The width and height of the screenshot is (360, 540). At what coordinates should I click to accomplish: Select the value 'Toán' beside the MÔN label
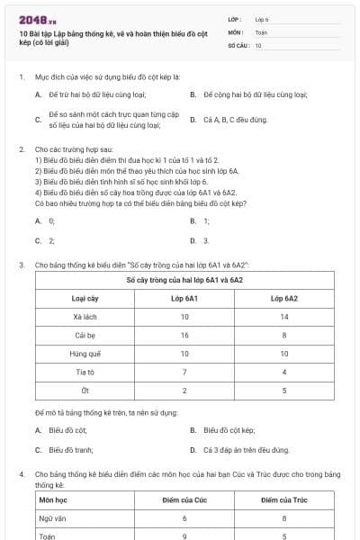tap(261, 31)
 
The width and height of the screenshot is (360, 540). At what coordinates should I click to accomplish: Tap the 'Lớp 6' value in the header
tap(262, 19)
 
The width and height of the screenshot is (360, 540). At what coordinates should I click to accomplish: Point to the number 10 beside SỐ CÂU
tap(258, 45)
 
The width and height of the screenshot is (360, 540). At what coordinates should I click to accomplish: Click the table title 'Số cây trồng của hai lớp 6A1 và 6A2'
tap(184, 280)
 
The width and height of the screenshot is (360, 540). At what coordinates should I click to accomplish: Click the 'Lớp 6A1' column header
tap(184, 298)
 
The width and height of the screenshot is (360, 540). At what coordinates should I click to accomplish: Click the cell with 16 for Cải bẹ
tap(184, 335)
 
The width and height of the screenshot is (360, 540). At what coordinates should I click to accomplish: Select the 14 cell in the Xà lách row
tap(283, 317)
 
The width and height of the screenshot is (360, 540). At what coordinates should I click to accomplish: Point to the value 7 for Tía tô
tap(184, 372)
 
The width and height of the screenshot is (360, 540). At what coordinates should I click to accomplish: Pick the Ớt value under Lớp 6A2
tap(283, 391)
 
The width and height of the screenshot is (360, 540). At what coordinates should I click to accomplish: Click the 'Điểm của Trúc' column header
tap(283, 499)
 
